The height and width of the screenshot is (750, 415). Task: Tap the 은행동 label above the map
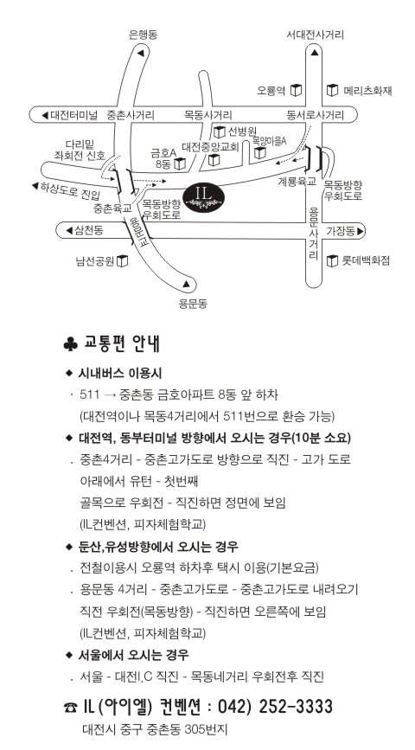coord(143,35)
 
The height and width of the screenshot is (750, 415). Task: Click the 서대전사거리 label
coord(315,35)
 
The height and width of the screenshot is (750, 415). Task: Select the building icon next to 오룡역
coord(297,90)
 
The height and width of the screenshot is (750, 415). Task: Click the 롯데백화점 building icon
coord(332,260)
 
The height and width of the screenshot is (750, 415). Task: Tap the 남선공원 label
coord(94,261)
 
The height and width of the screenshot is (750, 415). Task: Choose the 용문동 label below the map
coord(193,304)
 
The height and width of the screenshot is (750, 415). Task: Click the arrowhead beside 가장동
coord(360,232)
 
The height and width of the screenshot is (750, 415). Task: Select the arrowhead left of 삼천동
coord(69,231)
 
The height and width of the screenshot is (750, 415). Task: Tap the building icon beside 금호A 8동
coord(180,164)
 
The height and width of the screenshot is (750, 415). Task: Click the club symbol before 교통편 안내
coord(70,345)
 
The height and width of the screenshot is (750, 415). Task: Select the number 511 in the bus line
coord(90,394)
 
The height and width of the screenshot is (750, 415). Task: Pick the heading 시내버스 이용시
coord(119,373)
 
